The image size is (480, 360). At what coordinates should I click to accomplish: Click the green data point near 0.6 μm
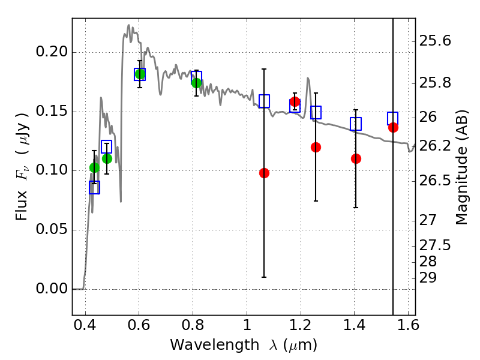pos(140,74)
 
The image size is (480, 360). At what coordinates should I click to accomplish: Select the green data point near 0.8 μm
pos(196,82)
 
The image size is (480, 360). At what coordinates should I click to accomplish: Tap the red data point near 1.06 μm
pos(264,173)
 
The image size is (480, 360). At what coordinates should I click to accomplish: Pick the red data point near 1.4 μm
pos(356,158)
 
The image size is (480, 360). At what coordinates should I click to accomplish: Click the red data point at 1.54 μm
pos(393,127)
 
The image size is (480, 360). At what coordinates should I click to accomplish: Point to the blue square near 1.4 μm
pos(356,124)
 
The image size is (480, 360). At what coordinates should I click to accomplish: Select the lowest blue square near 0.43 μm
pos(94,188)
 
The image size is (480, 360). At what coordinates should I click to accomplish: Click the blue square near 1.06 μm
pos(264,101)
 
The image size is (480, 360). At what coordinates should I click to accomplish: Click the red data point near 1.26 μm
pos(316,147)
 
